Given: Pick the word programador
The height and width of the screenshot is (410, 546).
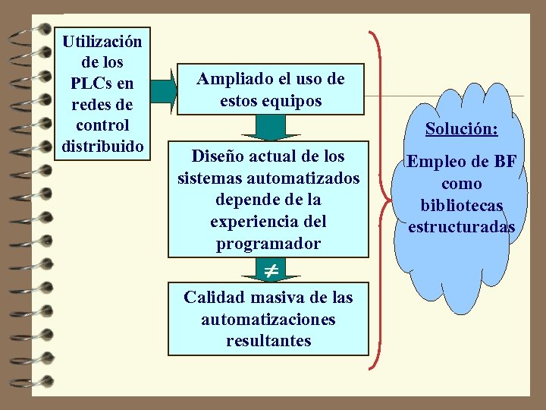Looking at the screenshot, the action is [268, 244].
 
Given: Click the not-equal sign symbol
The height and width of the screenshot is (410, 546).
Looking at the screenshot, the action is [271, 270].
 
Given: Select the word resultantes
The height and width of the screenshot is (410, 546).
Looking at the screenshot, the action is [268, 341].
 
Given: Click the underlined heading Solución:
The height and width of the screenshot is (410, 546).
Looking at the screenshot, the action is [461, 129].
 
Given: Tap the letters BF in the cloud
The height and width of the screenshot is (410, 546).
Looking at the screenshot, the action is [504, 162].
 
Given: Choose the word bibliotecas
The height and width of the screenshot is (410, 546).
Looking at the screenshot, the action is [461, 206].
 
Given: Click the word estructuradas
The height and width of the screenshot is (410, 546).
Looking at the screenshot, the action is [461, 227].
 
